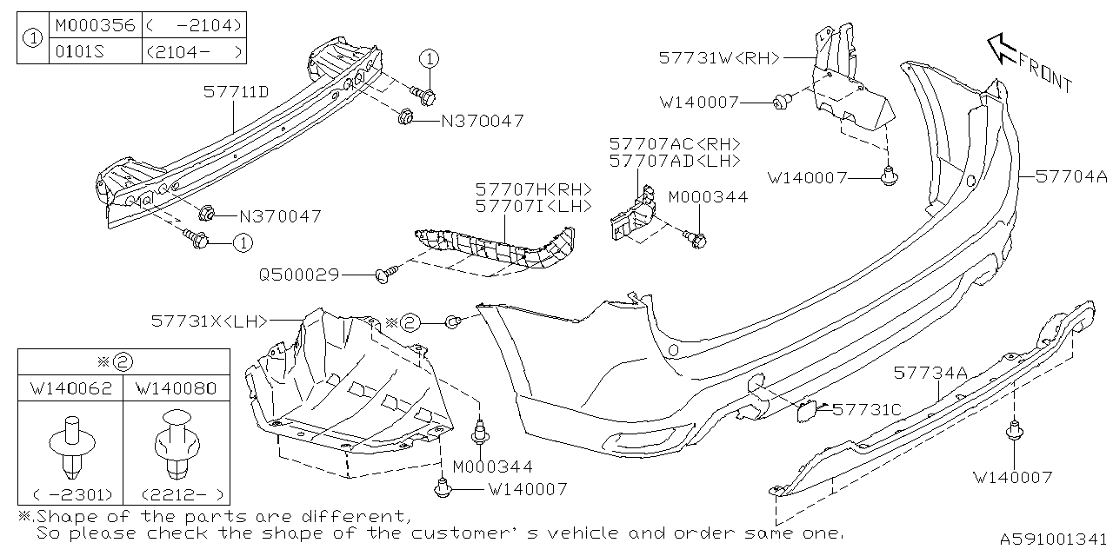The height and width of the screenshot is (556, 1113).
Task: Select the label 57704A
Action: point(1072,176)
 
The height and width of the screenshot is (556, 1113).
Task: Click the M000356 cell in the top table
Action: point(94,25)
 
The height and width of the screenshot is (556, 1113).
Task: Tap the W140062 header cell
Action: point(70,387)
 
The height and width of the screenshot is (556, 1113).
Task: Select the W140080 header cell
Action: point(176,387)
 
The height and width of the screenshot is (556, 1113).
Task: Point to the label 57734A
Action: point(930,373)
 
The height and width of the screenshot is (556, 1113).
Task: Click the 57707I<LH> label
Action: point(533,206)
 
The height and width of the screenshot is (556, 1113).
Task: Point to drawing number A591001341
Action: point(1051,539)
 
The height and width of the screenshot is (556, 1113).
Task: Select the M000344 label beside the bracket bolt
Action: point(708,197)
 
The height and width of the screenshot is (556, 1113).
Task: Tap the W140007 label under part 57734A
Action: point(1012,477)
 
